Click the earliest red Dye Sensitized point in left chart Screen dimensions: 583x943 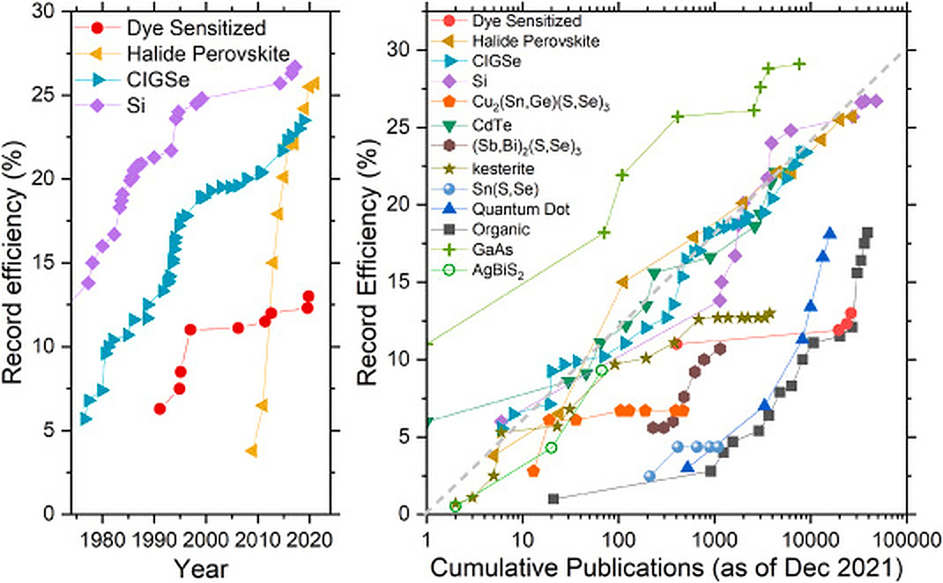(160, 409)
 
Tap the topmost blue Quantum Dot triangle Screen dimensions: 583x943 (829, 232)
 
